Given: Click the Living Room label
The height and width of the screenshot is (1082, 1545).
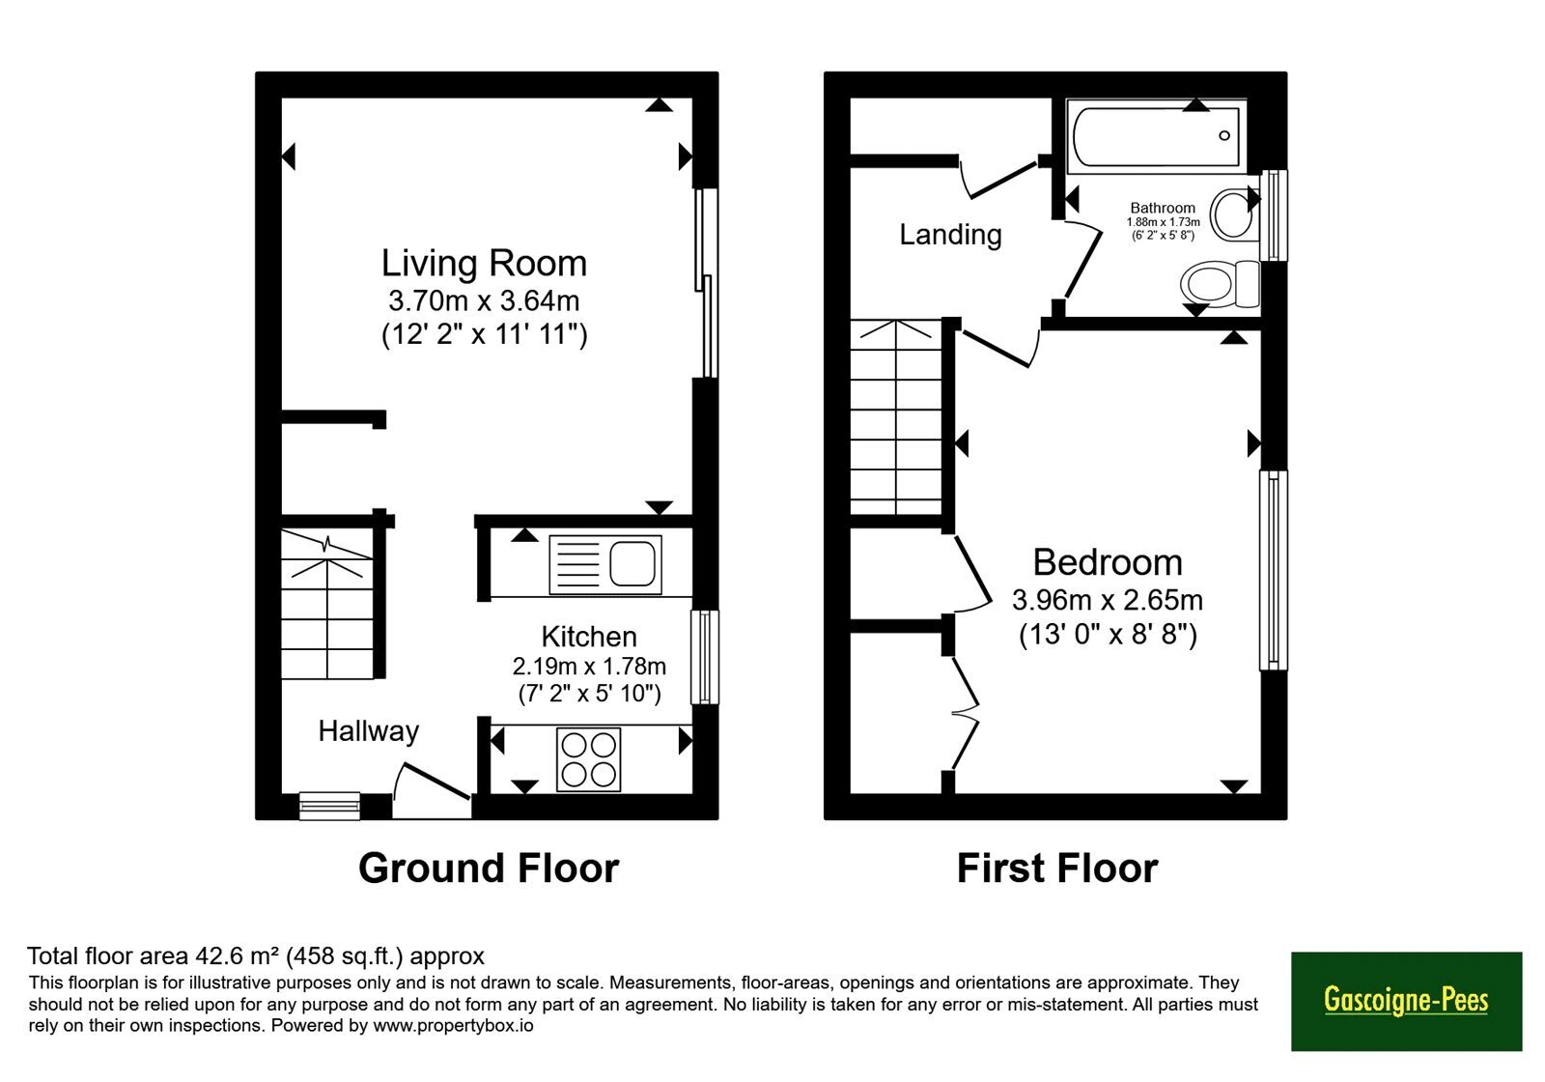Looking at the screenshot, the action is (x=484, y=263).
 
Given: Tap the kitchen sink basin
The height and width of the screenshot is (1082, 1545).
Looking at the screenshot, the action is (x=632, y=564).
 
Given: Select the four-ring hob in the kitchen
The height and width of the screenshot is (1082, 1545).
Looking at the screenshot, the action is (x=588, y=759).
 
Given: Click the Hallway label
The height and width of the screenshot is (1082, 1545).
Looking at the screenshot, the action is (x=368, y=730).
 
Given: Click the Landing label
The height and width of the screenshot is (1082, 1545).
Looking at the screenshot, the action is (x=950, y=235).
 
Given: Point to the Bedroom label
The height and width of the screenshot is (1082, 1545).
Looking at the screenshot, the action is (x=1108, y=561).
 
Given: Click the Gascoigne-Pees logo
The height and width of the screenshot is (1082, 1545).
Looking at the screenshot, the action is (x=1406, y=1001).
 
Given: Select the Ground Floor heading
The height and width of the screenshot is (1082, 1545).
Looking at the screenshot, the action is (x=489, y=868).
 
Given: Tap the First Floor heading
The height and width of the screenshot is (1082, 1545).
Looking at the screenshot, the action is (x=1057, y=868).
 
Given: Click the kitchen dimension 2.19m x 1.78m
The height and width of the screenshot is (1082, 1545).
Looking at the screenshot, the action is (x=589, y=666).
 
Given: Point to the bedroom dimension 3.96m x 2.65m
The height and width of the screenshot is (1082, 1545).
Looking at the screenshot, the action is (x=1108, y=600).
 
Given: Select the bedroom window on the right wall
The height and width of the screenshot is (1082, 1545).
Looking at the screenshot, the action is (x=1274, y=570).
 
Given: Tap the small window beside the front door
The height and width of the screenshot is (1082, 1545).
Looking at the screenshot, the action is (x=329, y=806).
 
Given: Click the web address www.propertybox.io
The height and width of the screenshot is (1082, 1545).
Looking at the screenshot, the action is (x=453, y=1025).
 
